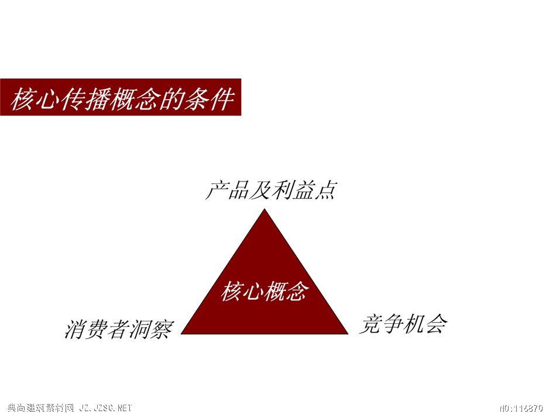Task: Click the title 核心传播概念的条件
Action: tap(122, 98)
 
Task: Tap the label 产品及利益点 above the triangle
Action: tap(270, 190)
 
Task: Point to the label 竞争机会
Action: tap(403, 324)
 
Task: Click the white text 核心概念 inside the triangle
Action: tap(264, 291)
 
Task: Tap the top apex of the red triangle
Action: tap(265, 209)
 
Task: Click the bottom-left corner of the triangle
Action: tap(181, 334)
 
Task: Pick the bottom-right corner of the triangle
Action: tap(348, 334)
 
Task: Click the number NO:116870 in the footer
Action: tap(521, 408)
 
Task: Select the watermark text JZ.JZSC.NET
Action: tap(105, 408)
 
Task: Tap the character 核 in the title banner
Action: tap(23, 98)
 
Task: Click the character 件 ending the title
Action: tap(222, 98)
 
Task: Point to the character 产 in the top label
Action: tap(217, 190)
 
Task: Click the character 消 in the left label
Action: tap(75, 329)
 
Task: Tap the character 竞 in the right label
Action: tap(370, 324)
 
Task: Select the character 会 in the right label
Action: tap(436, 324)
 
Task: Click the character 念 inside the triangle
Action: tap(297, 291)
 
